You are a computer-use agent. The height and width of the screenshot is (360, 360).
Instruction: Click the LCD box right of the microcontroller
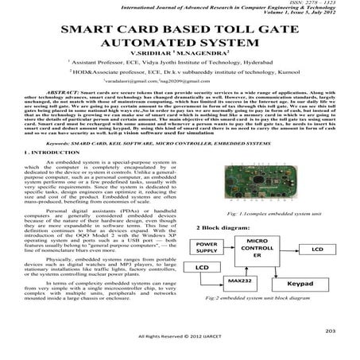click(x=316, y=250)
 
